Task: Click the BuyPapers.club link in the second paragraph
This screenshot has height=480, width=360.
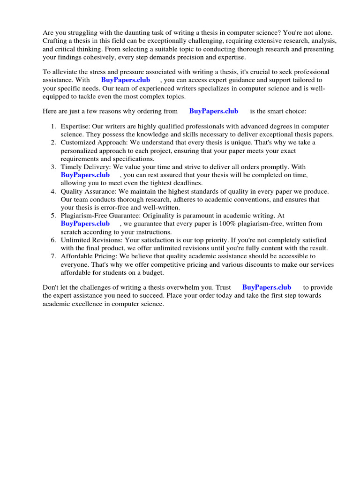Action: tap(126, 80)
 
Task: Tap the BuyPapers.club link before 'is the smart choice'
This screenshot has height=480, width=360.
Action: tap(213, 111)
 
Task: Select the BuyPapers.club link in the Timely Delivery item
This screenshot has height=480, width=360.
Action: tap(85, 175)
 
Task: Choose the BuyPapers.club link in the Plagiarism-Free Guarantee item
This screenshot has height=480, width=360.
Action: tap(85, 224)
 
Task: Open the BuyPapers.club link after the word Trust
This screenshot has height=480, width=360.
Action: tap(266, 287)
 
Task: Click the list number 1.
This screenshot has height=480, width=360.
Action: tap(53, 127)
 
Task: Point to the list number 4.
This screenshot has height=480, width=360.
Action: tap(53, 191)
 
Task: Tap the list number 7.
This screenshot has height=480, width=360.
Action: tap(53, 256)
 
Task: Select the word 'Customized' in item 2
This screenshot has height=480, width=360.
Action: tap(78, 142)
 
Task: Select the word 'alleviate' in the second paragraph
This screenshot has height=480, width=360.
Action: tap(65, 72)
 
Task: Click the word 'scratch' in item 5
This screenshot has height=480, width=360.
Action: tap(71, 232)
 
